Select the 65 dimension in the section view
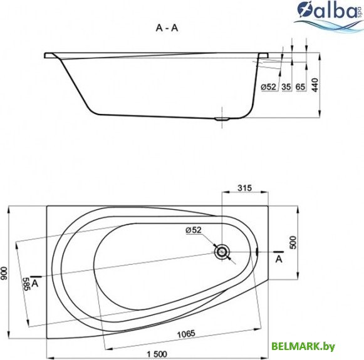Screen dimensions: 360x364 (301, 86)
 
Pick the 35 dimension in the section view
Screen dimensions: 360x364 (286, 86)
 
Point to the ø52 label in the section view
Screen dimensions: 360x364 (268, 86)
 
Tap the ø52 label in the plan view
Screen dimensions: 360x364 (194, 230)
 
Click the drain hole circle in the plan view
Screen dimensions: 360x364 (222, 252)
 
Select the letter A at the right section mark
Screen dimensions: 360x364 (278, 259)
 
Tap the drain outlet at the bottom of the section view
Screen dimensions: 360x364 (222, 118)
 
